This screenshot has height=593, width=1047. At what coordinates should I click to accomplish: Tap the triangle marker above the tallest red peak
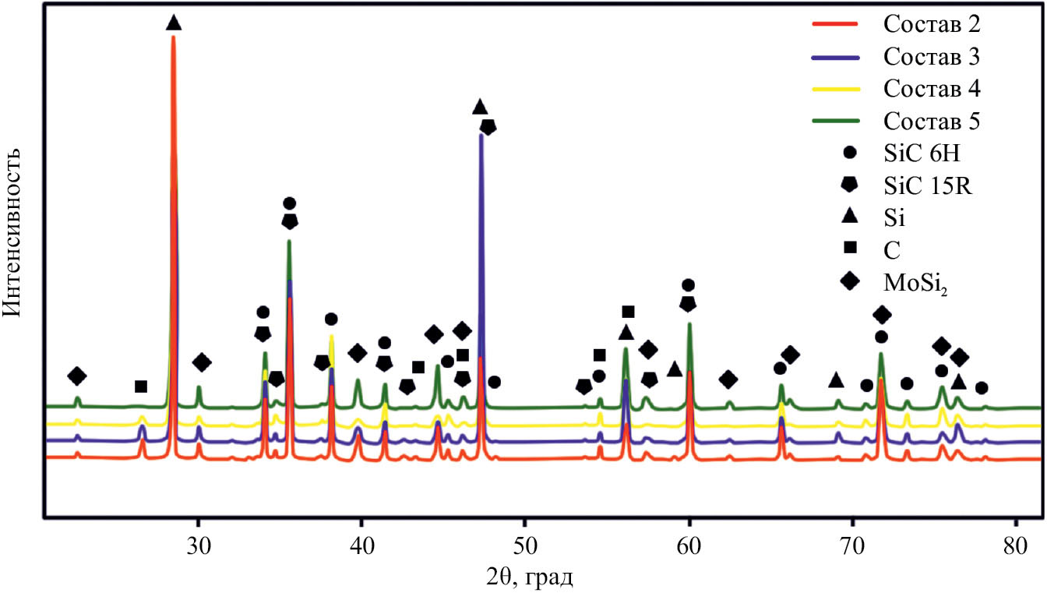174,23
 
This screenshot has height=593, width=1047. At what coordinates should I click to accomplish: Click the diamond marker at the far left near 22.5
76,376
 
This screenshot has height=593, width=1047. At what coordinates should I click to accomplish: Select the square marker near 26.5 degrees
141,387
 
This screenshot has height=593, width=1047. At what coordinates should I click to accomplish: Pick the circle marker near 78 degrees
982,388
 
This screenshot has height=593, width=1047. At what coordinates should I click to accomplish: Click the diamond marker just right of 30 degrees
202,362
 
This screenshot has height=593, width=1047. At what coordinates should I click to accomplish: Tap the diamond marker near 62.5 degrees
728,379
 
